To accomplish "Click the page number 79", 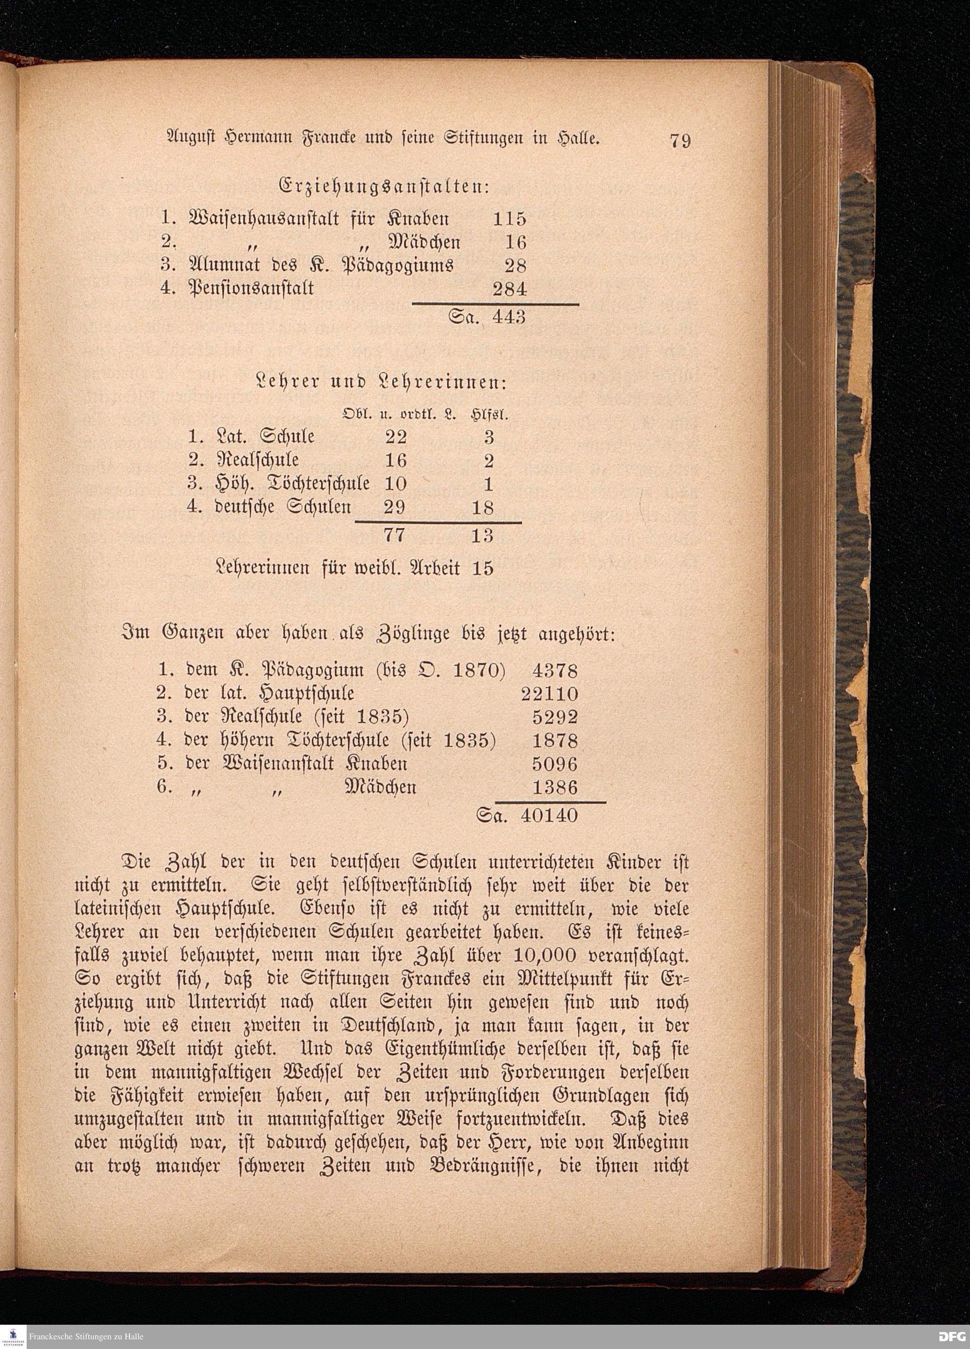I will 680,141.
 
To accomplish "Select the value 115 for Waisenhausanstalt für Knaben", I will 509,218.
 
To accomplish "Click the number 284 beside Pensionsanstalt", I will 509,289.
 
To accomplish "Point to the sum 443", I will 509,317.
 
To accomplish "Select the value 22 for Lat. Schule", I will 396,437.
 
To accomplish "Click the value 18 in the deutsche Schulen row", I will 482,507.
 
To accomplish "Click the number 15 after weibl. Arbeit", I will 483,568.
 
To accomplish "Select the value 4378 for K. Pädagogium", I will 554,671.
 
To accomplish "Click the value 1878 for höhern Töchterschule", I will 554,741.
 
